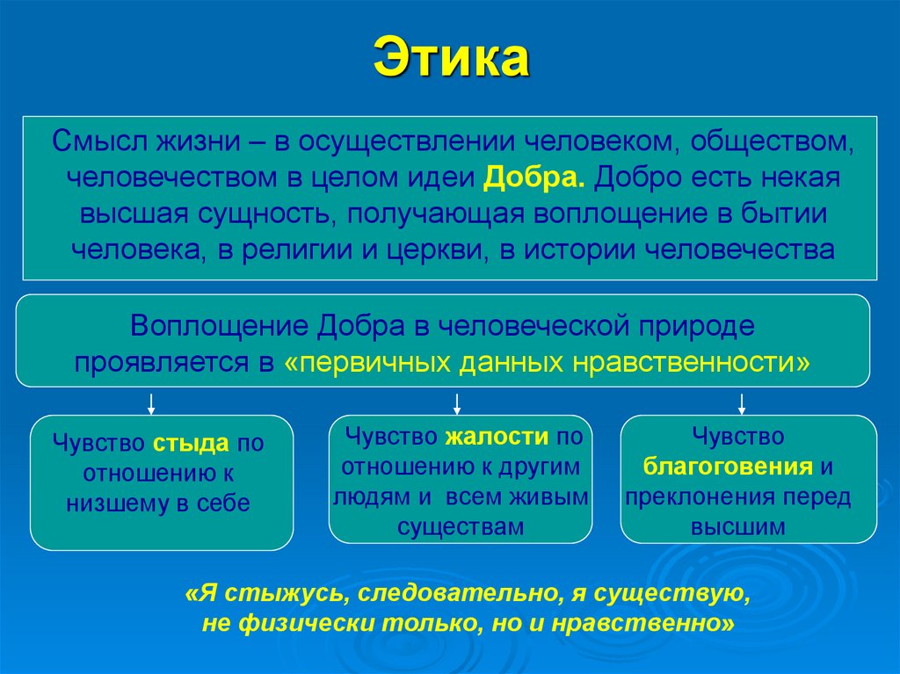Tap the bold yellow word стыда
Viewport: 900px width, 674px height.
(191, 443)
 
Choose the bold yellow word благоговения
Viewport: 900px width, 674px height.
(727, 465)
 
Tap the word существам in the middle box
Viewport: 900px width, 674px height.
(460, 526)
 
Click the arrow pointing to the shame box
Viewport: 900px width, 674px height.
(151, 403)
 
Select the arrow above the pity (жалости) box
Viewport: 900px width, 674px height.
(457, 403)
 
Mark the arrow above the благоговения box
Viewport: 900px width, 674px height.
(742, 403)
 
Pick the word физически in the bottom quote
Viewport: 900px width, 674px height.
(304, 623)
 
